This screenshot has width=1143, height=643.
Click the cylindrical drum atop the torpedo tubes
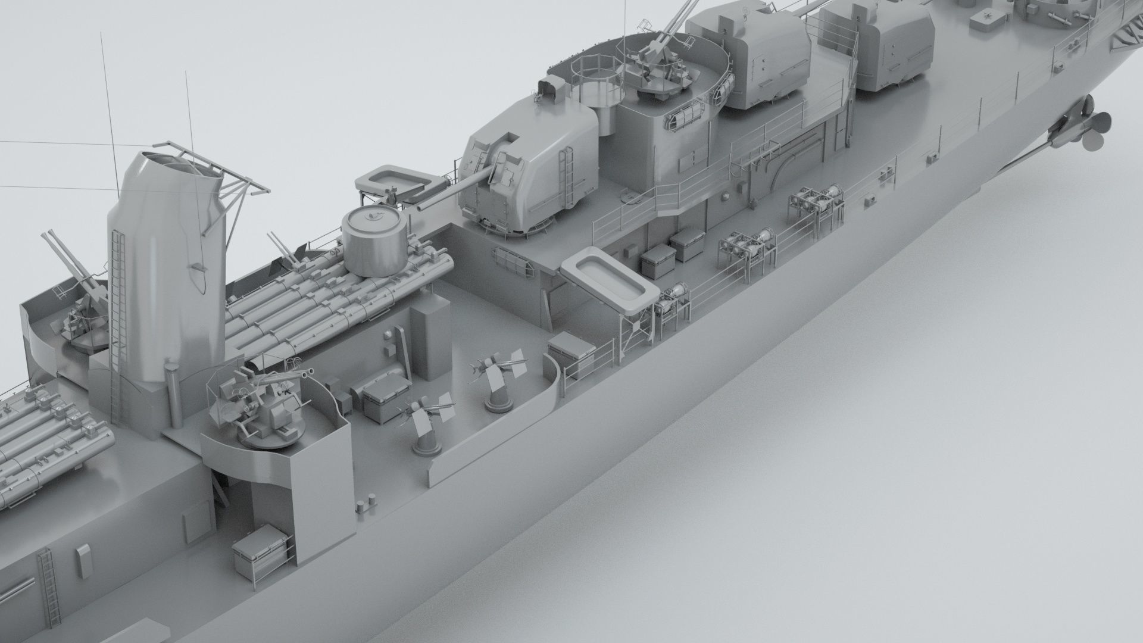(374, 243)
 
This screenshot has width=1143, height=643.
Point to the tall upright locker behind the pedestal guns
(430, 336)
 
